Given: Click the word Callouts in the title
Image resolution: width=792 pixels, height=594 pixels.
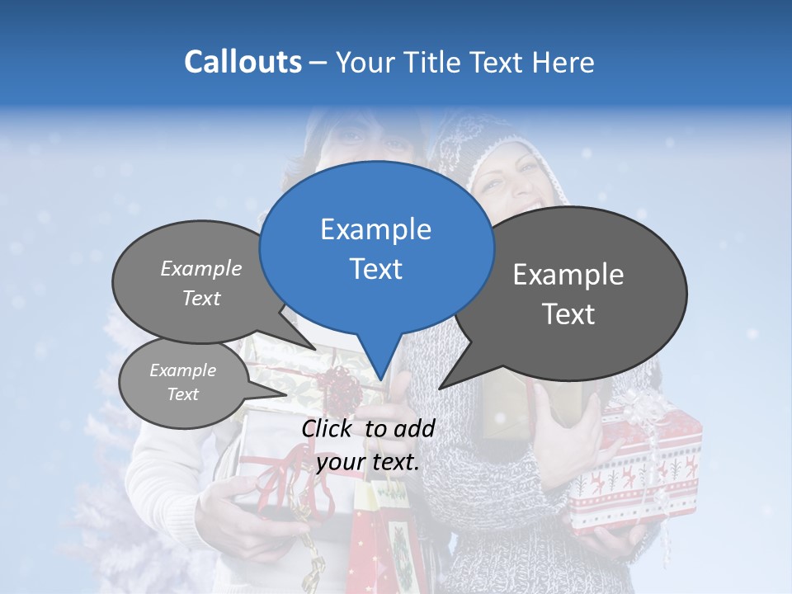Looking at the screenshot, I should (243, 62).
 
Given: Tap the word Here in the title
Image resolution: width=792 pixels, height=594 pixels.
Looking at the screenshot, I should (564, 62).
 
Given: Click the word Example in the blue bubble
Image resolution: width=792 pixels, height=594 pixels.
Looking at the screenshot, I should (375, 229).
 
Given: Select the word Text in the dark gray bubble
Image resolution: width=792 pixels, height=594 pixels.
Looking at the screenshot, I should (568, 314).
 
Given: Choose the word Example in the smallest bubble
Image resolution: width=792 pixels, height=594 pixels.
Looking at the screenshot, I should (182, 370).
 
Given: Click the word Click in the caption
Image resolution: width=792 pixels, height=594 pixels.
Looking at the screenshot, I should (328, 428).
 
